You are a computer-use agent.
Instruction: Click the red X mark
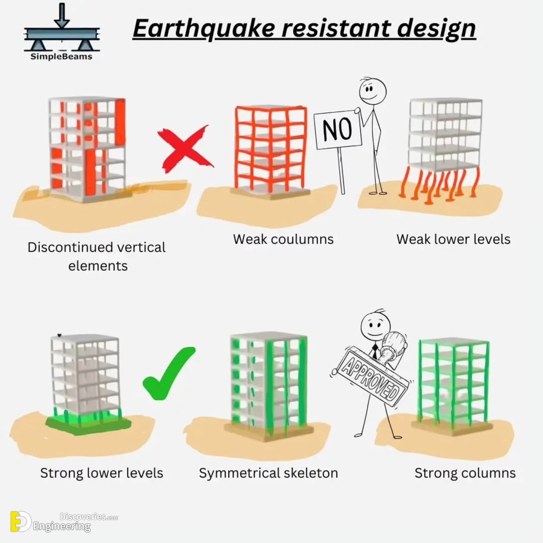185,149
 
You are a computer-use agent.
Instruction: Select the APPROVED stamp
370,376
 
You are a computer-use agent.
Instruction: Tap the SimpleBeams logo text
61,57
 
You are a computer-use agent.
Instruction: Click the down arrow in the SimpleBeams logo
62,16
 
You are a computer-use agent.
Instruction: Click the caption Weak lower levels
454,239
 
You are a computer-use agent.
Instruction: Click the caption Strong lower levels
102,473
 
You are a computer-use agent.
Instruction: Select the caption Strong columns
465,473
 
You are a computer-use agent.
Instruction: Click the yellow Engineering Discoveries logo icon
20,521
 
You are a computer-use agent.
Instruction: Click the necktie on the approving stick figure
375,351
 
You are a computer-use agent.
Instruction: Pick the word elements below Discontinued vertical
98,266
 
